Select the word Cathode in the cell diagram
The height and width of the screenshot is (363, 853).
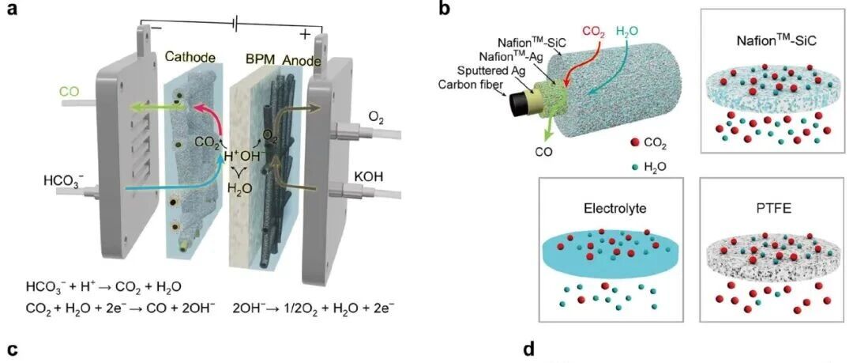pos(190,57)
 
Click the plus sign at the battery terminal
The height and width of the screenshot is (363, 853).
pos(305,34)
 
